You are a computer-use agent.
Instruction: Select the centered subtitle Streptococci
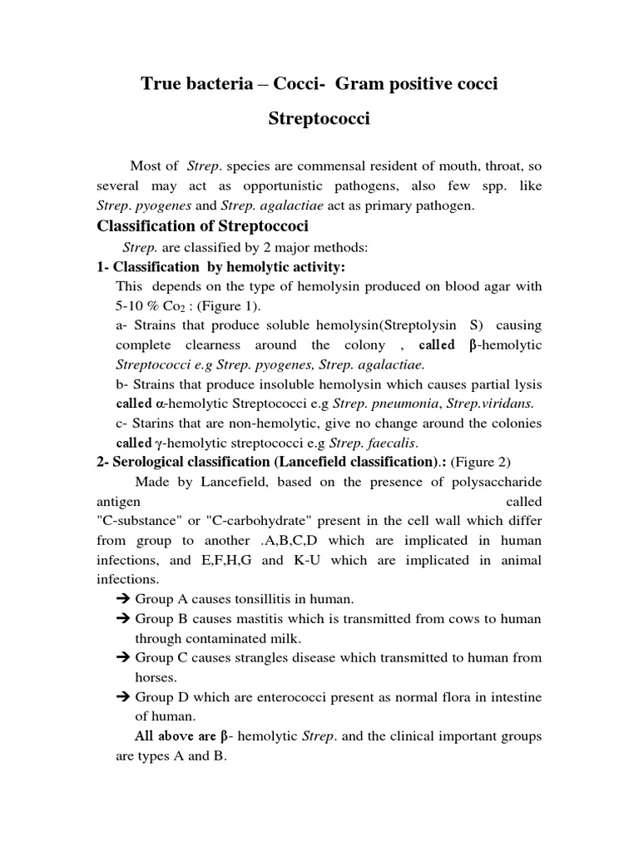click(319, 119)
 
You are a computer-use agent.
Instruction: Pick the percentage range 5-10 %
click(141, 306)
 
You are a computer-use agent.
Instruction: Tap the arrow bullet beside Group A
click(121, 599)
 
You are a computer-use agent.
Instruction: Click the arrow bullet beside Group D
click(121, 696)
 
